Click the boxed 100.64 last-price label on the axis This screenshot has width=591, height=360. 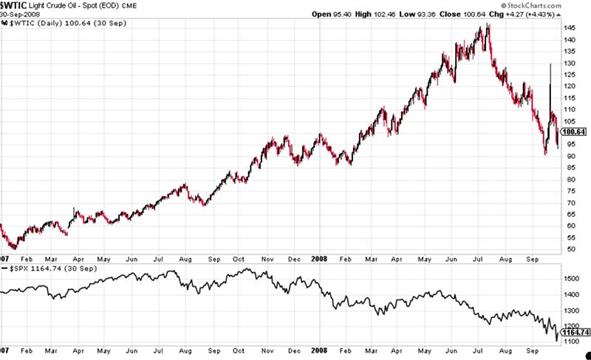(574, 132)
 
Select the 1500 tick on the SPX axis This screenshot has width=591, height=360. (571, 278)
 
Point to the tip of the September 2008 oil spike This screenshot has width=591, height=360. (550, 64)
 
